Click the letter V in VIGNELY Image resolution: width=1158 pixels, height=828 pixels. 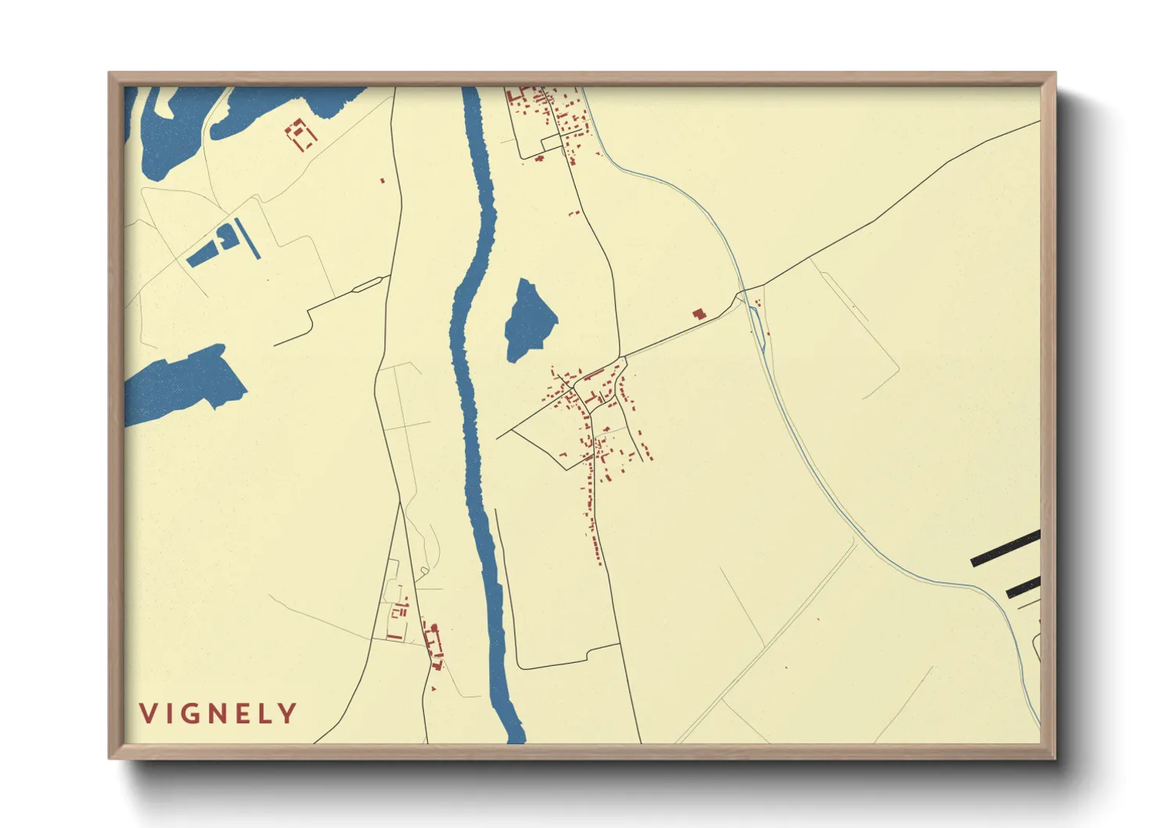coord(147,713)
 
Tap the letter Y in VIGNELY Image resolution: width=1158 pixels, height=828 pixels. coord(289,713)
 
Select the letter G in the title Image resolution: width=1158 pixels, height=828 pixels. coord(192,713)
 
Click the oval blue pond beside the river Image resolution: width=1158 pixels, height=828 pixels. coord(530,320)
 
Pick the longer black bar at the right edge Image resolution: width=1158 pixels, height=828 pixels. coord(1006,548)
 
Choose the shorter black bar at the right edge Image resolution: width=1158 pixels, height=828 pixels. coord(1023,589)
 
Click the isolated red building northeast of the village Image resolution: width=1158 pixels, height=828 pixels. coord(699,314)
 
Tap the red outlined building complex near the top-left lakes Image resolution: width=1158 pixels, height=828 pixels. coord(300,135)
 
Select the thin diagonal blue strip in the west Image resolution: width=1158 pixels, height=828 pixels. coord(248,239)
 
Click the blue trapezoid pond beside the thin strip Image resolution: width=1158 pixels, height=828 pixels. coord(209,248)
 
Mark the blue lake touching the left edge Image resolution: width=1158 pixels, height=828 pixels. coord(185,383)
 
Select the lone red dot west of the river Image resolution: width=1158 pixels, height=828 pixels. coord(383,181)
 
